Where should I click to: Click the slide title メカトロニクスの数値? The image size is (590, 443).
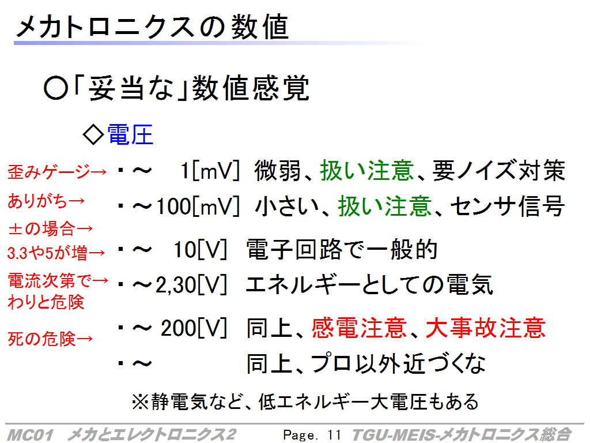pos(152,27)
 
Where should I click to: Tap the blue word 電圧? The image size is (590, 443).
pos(130,134)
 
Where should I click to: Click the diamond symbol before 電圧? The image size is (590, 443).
pos(93,134)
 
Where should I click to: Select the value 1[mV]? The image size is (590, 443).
pos(210,171)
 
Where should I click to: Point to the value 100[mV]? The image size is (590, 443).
pos(198,207)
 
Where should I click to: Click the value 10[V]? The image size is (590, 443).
pos(200,249)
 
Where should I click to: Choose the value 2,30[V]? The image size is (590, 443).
pos(191,285)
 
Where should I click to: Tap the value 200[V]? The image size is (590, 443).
pos(194,328)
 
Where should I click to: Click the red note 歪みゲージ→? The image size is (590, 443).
pos(57,172)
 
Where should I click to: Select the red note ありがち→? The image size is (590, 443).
pos(46,201)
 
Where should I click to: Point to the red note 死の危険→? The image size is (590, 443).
pos(50,339)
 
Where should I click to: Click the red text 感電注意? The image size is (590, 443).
pos(359,328)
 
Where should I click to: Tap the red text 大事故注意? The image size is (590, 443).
pos(486,328)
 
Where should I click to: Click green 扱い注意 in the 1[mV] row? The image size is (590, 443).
pos(367,171)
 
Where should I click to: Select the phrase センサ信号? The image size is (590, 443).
pos(508,207)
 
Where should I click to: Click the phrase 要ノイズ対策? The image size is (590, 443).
pos(499,171)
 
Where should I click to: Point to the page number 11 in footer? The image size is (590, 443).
pos(334,435)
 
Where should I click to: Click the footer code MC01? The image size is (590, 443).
pos(30,435)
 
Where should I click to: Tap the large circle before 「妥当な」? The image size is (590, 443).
pos(56,88)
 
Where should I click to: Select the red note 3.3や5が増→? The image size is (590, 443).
pos(56,253)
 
